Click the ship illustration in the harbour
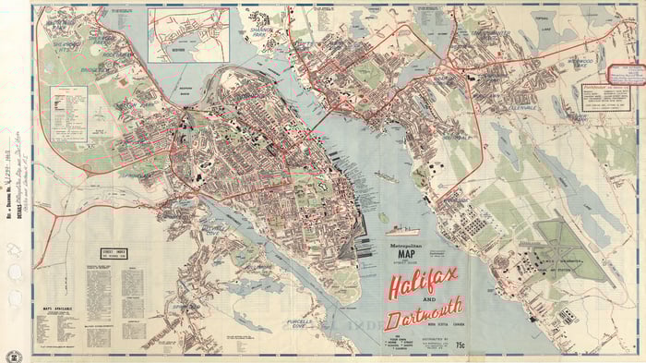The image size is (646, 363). click(401, 229)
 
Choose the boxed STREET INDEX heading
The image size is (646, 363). click(107, 252)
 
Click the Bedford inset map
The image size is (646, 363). click(188, 34)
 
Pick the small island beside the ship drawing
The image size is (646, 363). click(380, 219)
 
